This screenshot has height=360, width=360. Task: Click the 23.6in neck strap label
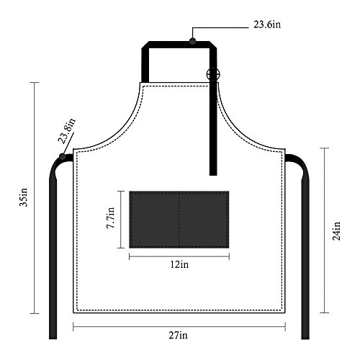[x=267, y=24]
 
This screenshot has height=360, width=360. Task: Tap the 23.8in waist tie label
[x=67, y=131]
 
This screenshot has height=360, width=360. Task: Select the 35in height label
[x=24, y=197]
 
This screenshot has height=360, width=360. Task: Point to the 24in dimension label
[x=336, y=231]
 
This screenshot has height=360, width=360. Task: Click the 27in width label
[x=178, y=335]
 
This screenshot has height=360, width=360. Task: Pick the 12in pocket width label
[x=179, y=264]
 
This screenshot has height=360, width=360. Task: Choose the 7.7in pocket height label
[x=111, y=218]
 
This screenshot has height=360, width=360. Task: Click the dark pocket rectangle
[x=179, y=220]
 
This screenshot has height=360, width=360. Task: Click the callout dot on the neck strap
[x=192, y=41]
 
